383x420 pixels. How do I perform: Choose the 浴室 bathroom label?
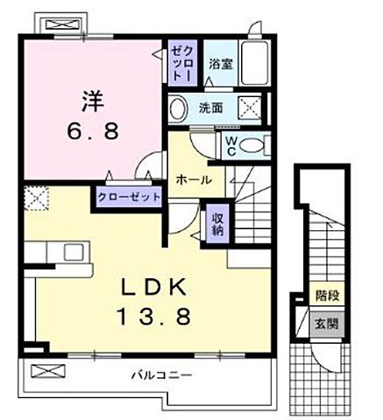pyautogui.click(x=219, y=63)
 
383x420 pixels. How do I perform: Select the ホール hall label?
pyautogui.click(x=191, y=179)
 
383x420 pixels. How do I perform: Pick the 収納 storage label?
pyautogui.click(x=216, y=220)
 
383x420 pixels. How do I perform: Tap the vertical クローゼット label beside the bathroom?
pyautogui.click(x=178, y=63)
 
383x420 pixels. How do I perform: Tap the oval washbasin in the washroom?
pyautogui.click(x=178, y=108)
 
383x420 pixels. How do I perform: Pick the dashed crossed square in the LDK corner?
pyautogui.click(x=35, y=198)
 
